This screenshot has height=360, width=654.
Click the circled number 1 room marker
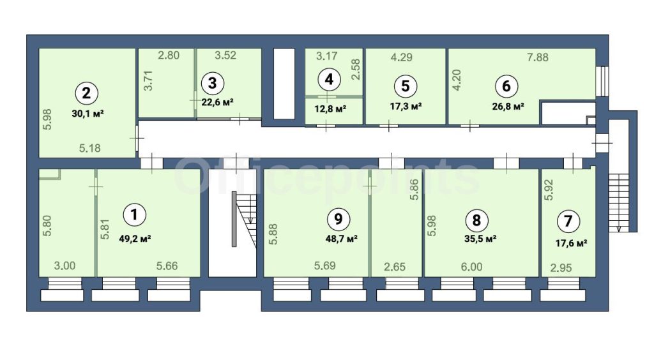pyautogui.click(x=134, y=214)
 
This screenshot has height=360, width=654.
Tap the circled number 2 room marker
pyautogui.click(x=86, y=93)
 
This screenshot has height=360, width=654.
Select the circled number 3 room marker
pyautogui.click(x=212, y=83)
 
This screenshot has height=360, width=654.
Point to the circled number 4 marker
pyautogui.click(x=329, y=79)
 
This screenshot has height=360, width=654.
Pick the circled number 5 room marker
pyautogui.click(x=405, y=86)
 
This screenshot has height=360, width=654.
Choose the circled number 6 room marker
pyautogui.click(x=506, y=86)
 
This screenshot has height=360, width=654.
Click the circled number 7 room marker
pyautogui.click(x=568, y=221)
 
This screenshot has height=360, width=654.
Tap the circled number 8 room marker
pyautogui.click(x=476, y=220)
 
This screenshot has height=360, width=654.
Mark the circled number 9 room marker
pyautogui.click(x=338, y=219)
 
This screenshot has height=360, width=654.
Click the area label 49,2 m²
pyautogui.click(x=135, y=239)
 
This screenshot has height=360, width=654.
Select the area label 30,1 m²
pyautogui.click(x=87, y=114)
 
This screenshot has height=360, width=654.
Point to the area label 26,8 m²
pyautogui.click(x=508, y=106)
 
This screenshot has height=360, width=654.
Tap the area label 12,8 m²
pyautogui.click(x=330, y=109)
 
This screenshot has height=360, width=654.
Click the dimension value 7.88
pyautogui.click(x=538, y=57)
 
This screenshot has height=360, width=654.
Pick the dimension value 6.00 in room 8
pyautogui.click(x=472, y=266)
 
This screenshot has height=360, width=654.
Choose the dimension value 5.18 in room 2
pyautogui.click(x=89, y=148)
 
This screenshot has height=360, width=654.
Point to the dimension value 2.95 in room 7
pyautogui.click(x=561, y=267)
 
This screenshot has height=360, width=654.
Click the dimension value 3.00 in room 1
pyautogui.click(x=65, y=266)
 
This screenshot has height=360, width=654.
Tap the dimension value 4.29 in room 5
pyautogui.click(x=401, y=57)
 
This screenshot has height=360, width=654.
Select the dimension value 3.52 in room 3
pyautogui.click(x=225, y=55)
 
